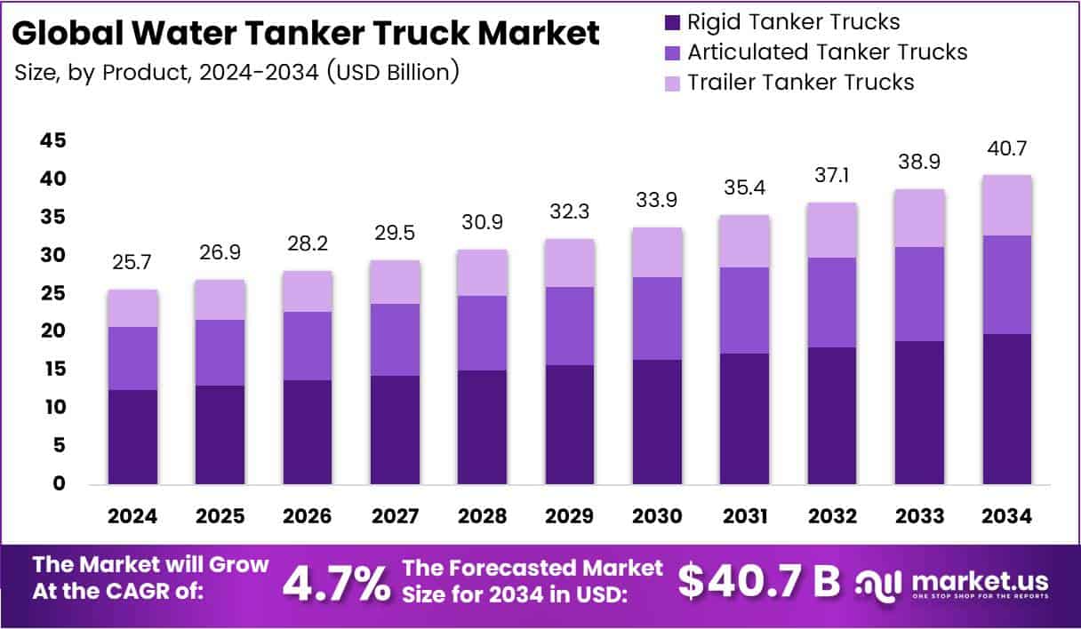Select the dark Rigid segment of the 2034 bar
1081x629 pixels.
(1006, 409)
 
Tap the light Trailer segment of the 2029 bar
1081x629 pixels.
(570, 263)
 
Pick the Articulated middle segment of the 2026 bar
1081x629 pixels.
(308, 346)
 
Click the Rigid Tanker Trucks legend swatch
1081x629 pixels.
(672, 22)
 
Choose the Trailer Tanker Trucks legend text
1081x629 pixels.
(801, 83)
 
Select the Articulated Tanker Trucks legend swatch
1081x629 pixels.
(672, 52)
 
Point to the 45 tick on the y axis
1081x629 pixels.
(52, 141)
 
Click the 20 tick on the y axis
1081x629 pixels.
(52, 331)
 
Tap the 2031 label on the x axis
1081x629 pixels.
(745, 517)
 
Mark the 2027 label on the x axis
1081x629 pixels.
(395, 517)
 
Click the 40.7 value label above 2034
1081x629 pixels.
(1006, 148)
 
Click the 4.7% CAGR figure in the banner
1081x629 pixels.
(336, 583)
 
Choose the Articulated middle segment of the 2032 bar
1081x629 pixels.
(832, 302)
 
